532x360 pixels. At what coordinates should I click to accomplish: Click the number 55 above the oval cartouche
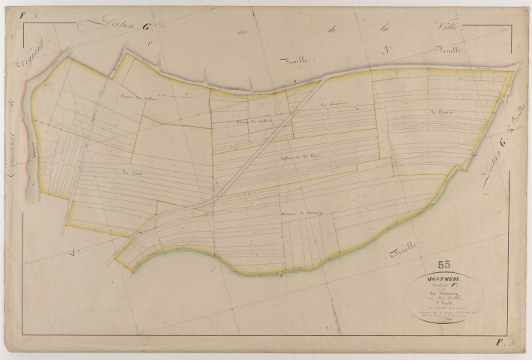[444, 263]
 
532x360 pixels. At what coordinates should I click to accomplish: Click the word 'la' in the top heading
[387, 28]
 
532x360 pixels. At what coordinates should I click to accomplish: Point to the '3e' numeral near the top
[389, 49]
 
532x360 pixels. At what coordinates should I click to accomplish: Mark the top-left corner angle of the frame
[22, 22]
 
